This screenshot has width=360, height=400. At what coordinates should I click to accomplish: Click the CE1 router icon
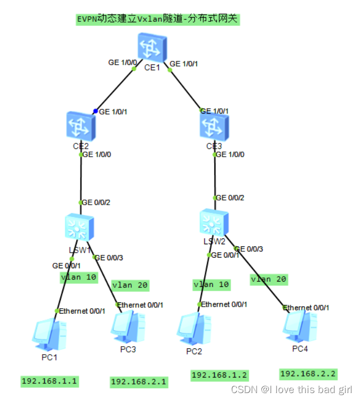coord(152,47)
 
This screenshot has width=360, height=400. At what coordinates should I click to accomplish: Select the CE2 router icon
coord(81,126)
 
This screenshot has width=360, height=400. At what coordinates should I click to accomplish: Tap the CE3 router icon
coord(214,126)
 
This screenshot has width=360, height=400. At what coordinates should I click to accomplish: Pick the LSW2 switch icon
coord(214,222)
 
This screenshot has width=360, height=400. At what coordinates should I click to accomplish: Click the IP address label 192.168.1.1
coord(50,381)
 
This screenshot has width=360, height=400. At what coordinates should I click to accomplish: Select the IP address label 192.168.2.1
coord(139,381)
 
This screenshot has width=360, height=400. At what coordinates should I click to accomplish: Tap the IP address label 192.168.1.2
coord(220,375)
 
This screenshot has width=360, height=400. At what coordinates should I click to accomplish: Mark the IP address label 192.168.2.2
coord(308,373)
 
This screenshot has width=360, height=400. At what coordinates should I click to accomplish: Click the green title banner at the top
coord(157,19)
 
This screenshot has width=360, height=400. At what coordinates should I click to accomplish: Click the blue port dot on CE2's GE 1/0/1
coord(95,111)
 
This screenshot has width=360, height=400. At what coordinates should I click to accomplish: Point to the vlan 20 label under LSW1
coord(130,285)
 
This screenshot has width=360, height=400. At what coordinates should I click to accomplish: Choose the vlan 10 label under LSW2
coord(211,284)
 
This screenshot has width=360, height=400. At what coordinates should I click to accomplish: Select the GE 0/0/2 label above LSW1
coord(96,202)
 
